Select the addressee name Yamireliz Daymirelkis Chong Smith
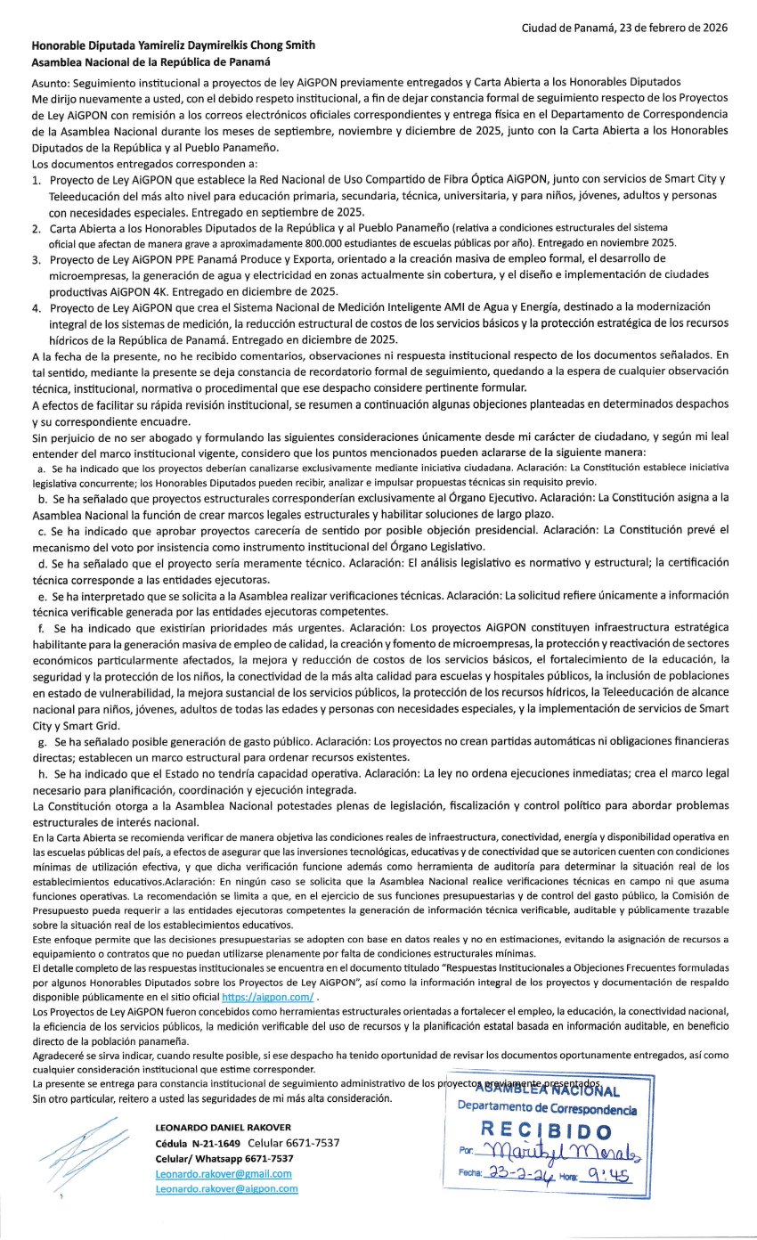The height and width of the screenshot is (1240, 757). [223, 45]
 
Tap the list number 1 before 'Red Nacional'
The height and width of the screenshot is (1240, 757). [37, 181]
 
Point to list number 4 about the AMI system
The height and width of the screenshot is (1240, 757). [37, 307]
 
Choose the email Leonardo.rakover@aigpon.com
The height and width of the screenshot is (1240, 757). [226, 1189]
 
